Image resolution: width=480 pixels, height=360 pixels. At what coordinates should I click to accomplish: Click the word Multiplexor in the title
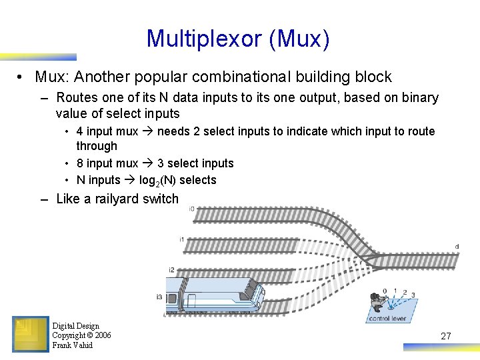pyautogui.click(x=203, y=39)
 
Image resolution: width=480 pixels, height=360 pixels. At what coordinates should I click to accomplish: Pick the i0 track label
pyautogui.click(x=191, y=209)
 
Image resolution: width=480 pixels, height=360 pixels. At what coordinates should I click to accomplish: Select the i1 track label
pyautogui.click(x=182, y=239)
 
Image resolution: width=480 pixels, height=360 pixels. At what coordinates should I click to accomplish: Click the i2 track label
pyautogui.click(x=171, y=269)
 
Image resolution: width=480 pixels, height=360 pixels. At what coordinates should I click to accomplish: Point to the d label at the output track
pyautogui.click(x=456, y=246)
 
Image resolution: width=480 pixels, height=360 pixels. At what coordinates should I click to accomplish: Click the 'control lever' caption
pyautogui.click(x=387, y=319)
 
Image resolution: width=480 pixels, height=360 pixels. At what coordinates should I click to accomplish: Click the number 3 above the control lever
pyautogui.click(x=413, y=295)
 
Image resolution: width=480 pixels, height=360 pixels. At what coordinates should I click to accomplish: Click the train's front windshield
pyautogui.click(x=251, y=289)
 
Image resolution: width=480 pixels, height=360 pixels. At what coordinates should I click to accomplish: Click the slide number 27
pyautogui.click(x=446, y=336)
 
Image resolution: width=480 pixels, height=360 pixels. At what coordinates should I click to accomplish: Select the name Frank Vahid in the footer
pyautogui.click(x=72, y=345)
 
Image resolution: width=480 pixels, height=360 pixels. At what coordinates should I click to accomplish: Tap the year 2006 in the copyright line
pyautogui.click(x=103, y=335)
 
